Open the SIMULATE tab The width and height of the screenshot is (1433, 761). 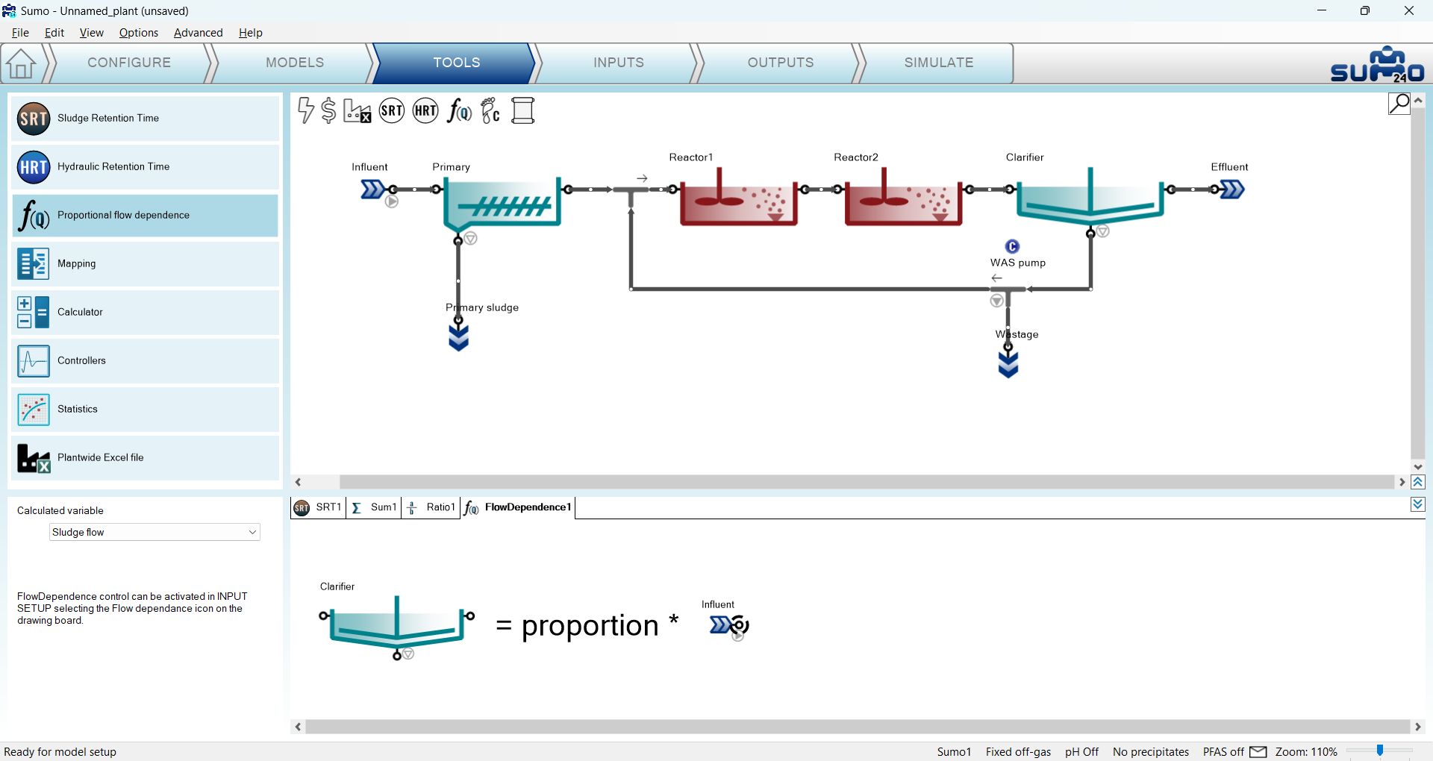[x=938, y=63]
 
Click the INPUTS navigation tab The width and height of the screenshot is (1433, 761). [x=619, y=63]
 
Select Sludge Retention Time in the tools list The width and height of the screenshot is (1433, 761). [x=146, y=118]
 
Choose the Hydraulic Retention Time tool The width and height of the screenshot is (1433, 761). [x=146, y=166]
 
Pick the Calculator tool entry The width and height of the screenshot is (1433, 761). [x=146, y=312]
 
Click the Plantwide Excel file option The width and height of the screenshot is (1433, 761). [x=146, y=457]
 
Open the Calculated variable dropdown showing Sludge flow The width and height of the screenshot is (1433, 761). [x=154, y=532]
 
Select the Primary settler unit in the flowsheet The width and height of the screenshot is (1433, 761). [x=502, y=203]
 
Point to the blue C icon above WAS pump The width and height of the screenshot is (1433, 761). [x=1012, y=246]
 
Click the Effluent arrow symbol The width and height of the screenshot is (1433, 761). [x=1232, y=190]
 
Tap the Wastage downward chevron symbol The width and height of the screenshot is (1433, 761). [x=1008, y=364]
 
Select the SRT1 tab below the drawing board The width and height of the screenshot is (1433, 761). [x=319, y=507]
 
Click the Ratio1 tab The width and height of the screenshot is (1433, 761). [x=431, y=507]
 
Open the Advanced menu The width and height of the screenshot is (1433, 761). [x=198, y=33]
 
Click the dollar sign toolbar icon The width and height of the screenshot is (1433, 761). [x=328, y=110]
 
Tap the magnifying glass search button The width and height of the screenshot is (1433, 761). [x=1399, y=103]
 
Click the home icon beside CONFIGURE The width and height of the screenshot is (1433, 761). [x=21, y=63]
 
